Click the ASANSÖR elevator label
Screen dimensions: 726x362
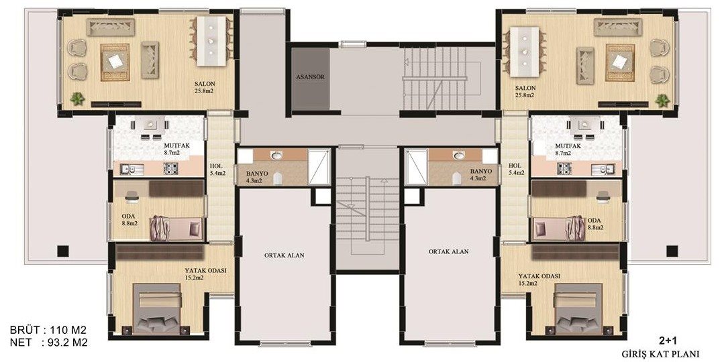pos(310,77)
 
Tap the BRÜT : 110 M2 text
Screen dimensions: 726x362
pos(48,330)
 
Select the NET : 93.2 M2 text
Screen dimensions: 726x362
pos(48,343)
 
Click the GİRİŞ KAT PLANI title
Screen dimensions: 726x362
pos(660,354)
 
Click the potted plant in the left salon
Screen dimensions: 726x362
pos(77,98)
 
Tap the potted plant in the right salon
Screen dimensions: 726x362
pos(662,99)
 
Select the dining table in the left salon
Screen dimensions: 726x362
pos(211,41)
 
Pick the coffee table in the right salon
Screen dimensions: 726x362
pos(619,62)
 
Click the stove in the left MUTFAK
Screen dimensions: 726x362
pos(171,169)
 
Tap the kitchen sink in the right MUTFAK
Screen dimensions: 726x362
pos(603,170)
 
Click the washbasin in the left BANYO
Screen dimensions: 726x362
pos(277,156)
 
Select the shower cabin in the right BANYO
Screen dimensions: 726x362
pos(415,166)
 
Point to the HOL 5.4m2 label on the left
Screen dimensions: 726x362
pos(217,170)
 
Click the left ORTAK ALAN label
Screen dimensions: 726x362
pos(284,255)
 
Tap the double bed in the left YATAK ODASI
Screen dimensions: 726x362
pos(156,308)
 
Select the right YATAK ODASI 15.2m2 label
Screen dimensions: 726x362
pos(539,280)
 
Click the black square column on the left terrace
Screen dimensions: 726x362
pos(63,251)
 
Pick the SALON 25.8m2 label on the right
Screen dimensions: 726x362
pos(525,92)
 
